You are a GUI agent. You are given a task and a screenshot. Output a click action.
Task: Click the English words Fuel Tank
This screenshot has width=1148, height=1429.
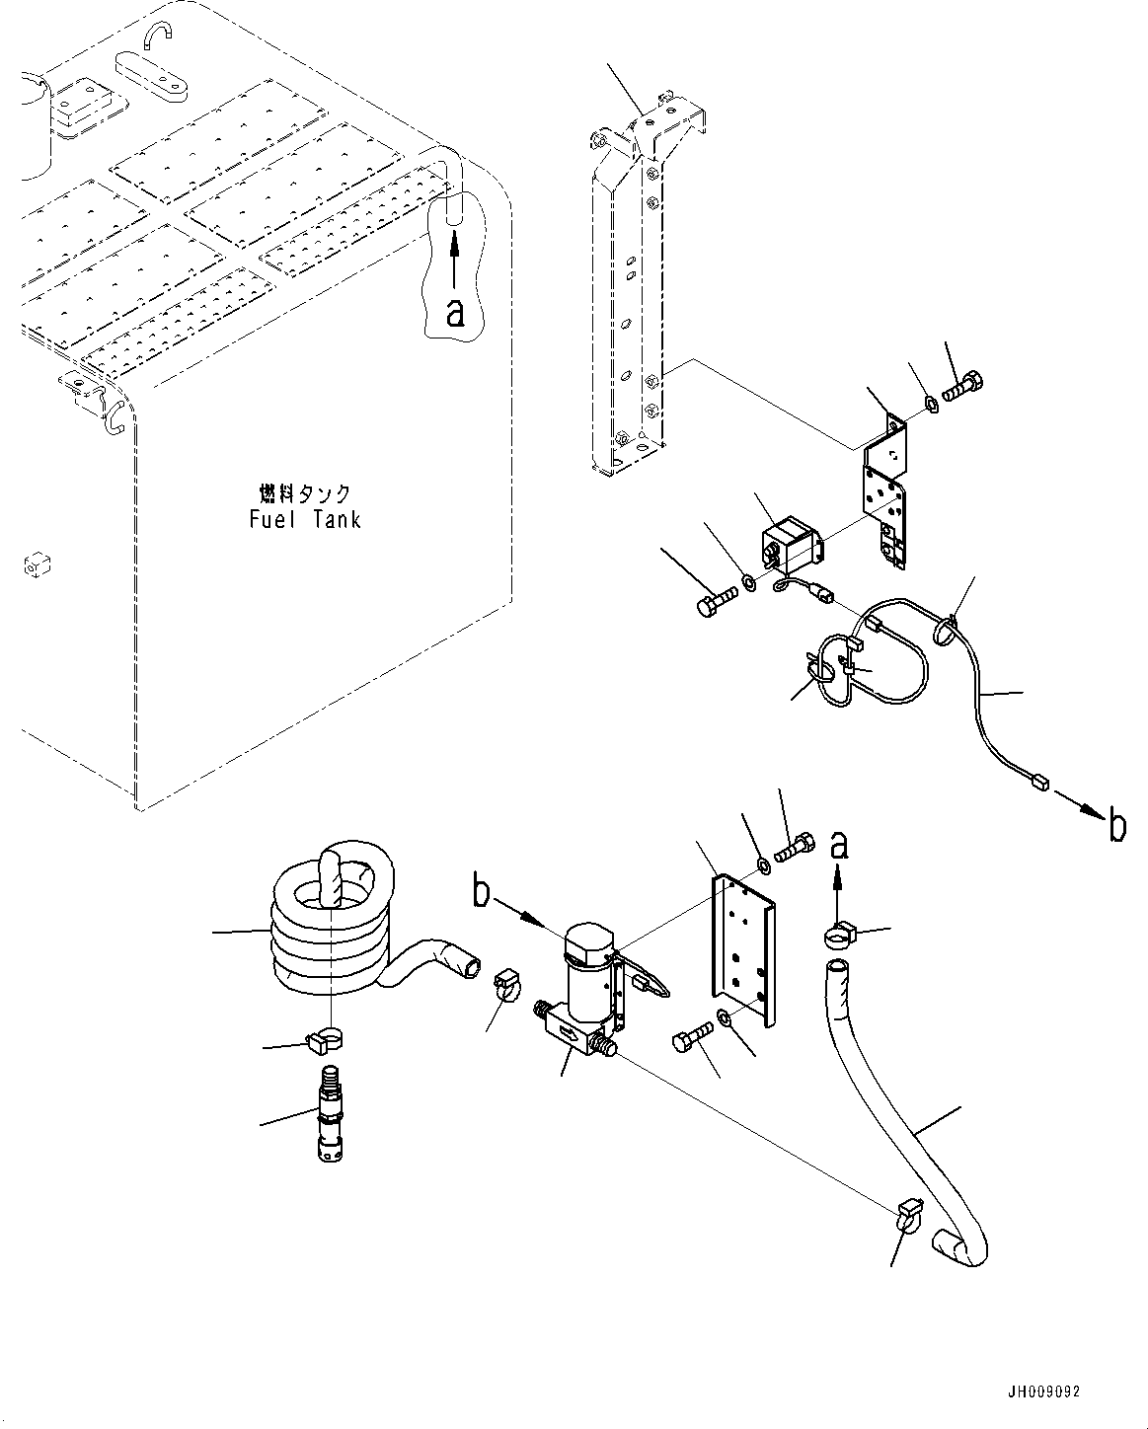(305, 519)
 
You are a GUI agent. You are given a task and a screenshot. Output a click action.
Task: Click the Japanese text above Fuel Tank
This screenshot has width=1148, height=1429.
(305, 492)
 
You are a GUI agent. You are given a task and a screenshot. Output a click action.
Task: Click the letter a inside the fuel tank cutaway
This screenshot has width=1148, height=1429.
(454, 312)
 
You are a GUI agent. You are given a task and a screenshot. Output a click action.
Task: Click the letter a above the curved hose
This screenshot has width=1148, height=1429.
(838, 845)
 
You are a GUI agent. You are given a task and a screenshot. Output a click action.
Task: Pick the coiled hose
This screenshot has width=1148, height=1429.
(332, 928)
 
